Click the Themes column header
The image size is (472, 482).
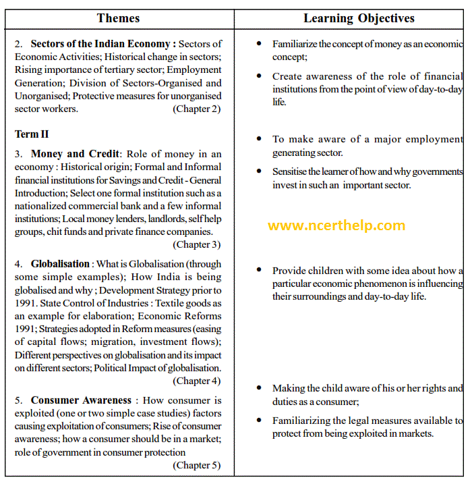coord(118,18)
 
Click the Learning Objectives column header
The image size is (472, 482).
coord(359,18)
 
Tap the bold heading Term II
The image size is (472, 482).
coord(32,134)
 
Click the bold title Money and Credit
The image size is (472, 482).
coord(74,154)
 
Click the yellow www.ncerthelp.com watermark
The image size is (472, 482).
coord(336,226)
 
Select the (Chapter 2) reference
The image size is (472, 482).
coord(197,109)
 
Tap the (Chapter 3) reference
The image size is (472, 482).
coord(197,245)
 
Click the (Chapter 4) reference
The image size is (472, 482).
coord(197,381)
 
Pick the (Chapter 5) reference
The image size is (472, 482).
coord(197,465)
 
